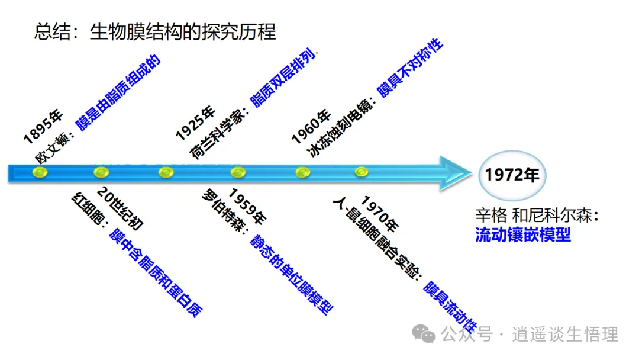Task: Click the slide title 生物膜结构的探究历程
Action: point(183,32)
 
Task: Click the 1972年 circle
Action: point(512,175)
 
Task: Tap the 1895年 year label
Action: point(43,126)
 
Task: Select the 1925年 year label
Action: point(195,123)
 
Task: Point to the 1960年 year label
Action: point(311,126)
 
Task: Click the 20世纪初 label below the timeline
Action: point(120,208)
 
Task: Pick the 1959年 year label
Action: point(247,206)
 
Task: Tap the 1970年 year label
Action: point(380,213)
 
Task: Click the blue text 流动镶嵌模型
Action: point(523,234)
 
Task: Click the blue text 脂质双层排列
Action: point(283,78)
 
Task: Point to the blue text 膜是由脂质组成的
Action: point(118,92)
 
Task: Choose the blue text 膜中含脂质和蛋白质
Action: point(156,273)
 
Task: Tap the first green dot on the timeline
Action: point(40,172)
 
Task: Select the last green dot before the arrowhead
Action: point(361,172)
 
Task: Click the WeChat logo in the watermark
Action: point(424,334)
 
